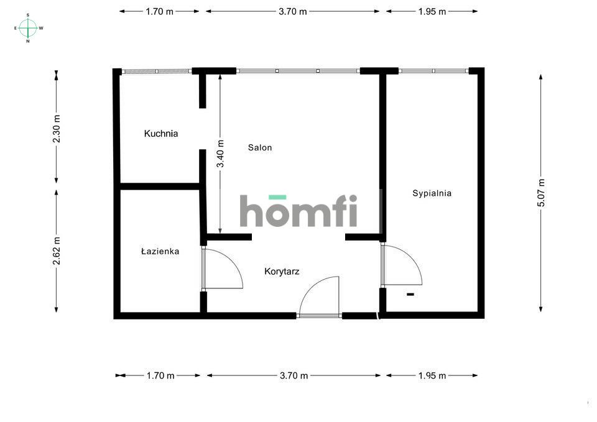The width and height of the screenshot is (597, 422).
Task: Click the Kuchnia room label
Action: pyautogui.click(x=161, y=133)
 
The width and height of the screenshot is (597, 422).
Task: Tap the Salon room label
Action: pyautogui.click(x=260, y=148)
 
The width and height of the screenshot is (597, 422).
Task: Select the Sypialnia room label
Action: pyautogui.click(x=432, y=193)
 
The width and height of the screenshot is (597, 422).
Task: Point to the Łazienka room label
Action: pyautogui.click(x=160, y=252)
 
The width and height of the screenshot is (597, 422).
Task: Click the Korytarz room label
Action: pyautogui.click(x=282, y=272)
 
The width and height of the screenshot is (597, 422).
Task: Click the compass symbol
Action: pyautogui.click(x=28, y=27)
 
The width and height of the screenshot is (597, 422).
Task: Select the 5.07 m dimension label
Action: pyautogui.click(x=541, y=193)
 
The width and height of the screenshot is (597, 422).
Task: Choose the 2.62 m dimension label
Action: pyautogui.click(x=57, y=250)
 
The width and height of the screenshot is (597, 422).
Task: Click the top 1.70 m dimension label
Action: pyautogui.click(x=159, y=11)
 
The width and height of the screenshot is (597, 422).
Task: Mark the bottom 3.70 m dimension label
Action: pyautogui.click(x=294, y=375)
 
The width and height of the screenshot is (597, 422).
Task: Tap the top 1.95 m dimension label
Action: pyautogui.click(x=432, y=11)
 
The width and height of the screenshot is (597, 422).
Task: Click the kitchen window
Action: pyautogui.click(x=156, y=71)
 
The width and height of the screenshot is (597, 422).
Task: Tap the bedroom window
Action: pyautogui.click(x=433, y=71)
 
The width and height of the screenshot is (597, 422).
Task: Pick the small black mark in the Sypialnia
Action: pyautogui.click(x=410, y=294)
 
